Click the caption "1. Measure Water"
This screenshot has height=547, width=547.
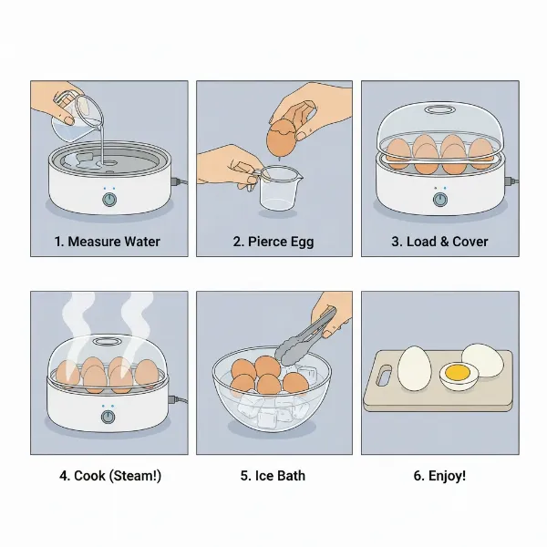(108, 242)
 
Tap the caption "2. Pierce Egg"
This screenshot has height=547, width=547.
(273, 242)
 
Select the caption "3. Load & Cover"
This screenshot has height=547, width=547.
(439, 242)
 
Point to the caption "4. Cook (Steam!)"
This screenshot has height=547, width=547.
(108, 476)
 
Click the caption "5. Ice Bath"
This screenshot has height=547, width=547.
(273, 476)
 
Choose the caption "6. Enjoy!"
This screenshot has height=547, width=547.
(439, 476)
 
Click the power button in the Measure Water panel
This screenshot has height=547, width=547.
(109, 199)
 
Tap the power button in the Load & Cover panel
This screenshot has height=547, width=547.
(439, 199)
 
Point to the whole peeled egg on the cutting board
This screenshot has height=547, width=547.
(415, 366)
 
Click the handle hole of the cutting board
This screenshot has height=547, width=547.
(381, 375)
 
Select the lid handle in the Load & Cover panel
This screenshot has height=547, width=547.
(440, 111)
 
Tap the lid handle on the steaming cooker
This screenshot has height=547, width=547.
(107, 341)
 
